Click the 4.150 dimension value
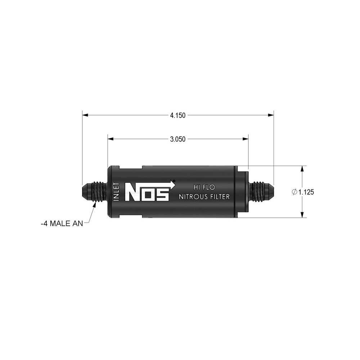[x=178, y=116]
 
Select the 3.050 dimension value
[x=178, y=139]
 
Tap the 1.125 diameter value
[x=306, y=192]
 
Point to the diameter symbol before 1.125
[x=294, y=192]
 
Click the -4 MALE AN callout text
[x=62, y=223]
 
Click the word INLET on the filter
[x=116, y=192]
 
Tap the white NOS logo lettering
[x=147, y=192]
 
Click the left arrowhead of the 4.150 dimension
[x=85, y=115]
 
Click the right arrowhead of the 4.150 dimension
[x=271, y=115]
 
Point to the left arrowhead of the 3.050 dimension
[x=111, y=139]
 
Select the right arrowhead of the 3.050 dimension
[x=246, y=139]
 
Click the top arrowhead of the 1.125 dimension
[x=302, y=168]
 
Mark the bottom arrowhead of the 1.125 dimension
[x=302, y=215]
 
